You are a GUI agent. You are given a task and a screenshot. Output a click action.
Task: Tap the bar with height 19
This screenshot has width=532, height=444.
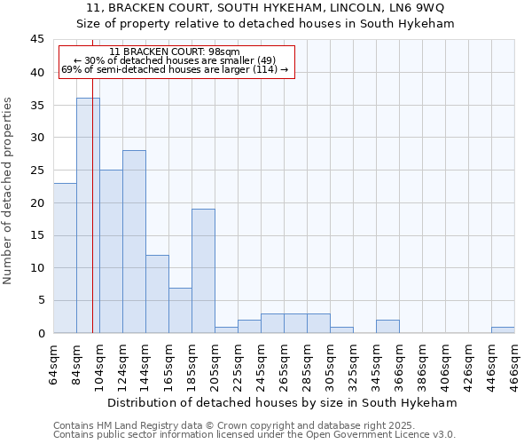pyautogui.click(x=203, y=271)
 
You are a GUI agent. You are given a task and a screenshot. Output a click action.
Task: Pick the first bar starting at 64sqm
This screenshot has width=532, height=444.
pyautogui.click(x=65, y=258)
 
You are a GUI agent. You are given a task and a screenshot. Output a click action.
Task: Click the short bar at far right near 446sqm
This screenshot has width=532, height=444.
pyautogui.click(x=503, y=330)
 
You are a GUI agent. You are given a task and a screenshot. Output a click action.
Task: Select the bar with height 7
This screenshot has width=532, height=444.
pyautogui.click(x=180, y=310)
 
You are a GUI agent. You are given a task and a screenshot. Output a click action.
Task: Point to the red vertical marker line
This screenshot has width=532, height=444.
pyautogui.click(x=92, y=222)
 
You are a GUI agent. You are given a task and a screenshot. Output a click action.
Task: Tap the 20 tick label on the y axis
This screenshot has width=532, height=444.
pyautogui.click(x=36, y=202)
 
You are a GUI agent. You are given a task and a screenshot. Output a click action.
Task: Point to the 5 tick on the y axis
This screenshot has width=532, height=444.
pyautogui.click(x=40, y=300)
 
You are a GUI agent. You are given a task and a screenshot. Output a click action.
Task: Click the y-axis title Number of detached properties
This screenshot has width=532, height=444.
pyautogui.click(x=9, y=190)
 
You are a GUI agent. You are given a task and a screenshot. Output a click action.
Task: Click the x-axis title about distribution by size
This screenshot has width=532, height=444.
pyautogui.click(x=281, y=402)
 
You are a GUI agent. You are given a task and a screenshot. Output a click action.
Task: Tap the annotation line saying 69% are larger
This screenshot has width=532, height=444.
pyautogui.click(x=175, y=69)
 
